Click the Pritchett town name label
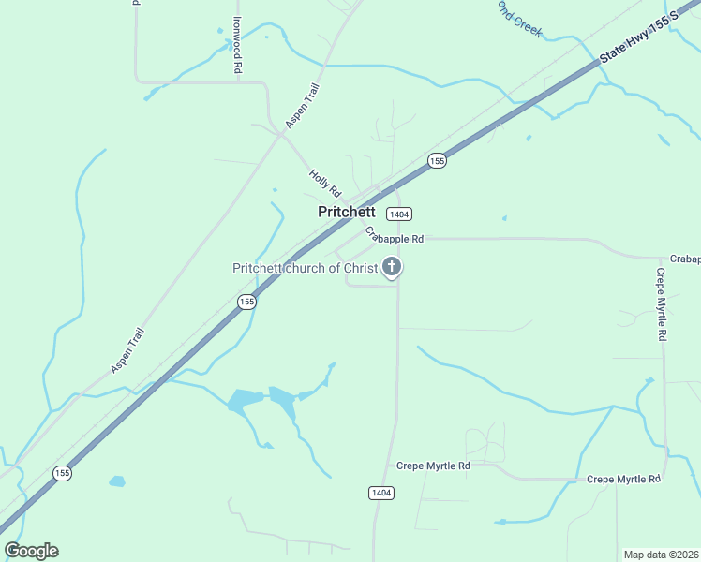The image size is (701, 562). pos(347,212)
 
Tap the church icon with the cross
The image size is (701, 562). pos(392,269)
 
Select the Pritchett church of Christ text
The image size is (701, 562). pos(305,269)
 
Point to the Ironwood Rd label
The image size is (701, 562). pos(238,45)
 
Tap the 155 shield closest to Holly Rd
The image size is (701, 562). pos(437,161)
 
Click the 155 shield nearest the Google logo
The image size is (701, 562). pos(62,473)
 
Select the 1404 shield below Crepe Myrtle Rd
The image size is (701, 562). pos(380,493)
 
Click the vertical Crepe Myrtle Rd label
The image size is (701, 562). pos(661,304)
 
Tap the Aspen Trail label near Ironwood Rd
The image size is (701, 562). pos(303,106)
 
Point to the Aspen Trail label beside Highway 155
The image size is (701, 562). pos(127,350)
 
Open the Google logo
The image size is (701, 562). pos(31,551)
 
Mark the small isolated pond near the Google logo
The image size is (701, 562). pos(116,481)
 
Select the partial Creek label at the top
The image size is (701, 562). pos(521,19)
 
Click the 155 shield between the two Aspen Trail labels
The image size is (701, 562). pos(246,302)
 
